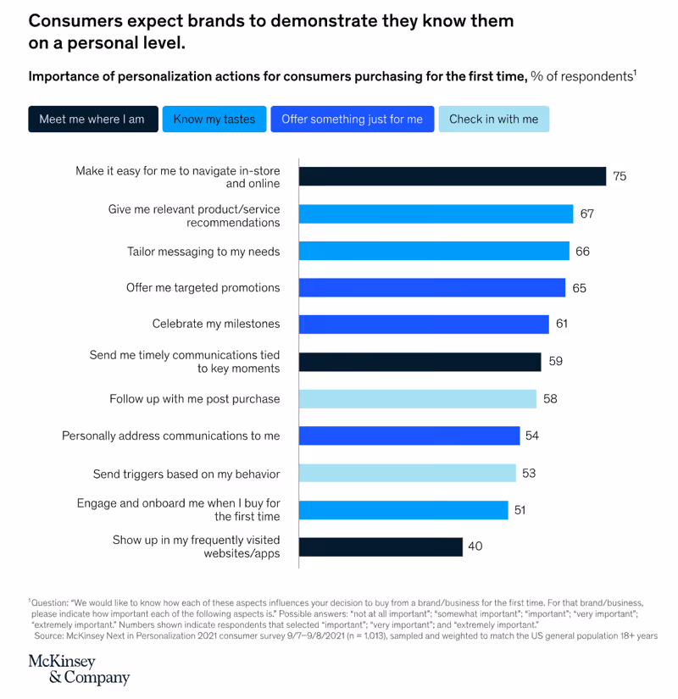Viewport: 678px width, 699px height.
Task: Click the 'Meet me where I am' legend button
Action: click(x=92, y=119)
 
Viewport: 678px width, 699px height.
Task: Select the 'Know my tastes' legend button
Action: click(x=214, y=119)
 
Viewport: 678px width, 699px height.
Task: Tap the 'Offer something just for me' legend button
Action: click(x=352, y=119)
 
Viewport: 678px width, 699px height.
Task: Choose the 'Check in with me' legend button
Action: click(x=493, y=119)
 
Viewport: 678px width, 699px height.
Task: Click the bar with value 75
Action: click(x=452, y=176)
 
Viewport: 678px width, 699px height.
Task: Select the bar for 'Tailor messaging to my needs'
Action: click(x=434, y=251)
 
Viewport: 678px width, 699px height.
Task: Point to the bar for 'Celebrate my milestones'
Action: click(x=424, y=324)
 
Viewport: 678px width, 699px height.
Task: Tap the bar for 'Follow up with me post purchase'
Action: click(x=417, y=398)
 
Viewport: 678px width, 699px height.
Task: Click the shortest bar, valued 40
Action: click(x=381, y=546)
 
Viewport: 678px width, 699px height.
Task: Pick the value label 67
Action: click(x=586, y=214)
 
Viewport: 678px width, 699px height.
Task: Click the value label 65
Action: click(x=579, y=288)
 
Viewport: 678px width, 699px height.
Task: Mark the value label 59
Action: click(x=555, y=361)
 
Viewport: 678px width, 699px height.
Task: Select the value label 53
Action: click(x=529, y=473)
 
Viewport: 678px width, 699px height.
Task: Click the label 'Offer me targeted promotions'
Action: click(x=203, y=288)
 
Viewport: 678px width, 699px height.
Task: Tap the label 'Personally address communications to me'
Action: click(x=170, y=435)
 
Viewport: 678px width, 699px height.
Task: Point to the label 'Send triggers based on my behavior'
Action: click(x=186, y=474)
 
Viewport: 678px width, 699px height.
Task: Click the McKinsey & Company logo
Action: click(x=79, y=669)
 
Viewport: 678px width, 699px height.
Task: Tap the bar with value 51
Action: click(x=403, y=510)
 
